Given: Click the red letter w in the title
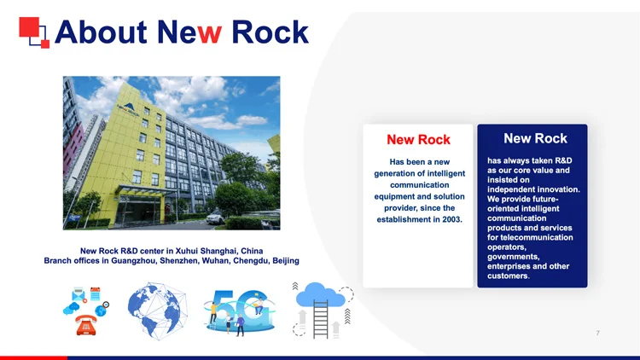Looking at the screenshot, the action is [x=209, y=32].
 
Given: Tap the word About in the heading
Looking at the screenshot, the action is [x=101, y=32].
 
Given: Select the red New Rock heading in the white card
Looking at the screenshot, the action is [x=418, y=140].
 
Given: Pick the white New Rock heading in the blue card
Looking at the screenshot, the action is [x=535, y=138].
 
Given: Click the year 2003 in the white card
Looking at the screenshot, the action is [x=451, y=219].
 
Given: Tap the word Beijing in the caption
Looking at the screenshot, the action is [x=286, y=261].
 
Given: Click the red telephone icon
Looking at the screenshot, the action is [x=86, y=325].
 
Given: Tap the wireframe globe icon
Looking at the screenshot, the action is [x=158, y=311].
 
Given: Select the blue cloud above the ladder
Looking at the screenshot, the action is [x=321, y=294].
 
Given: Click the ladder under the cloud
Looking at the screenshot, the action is [x=321, y=320].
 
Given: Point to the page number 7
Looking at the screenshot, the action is [x=597, y=333].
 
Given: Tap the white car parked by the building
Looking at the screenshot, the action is [x=216, y=218].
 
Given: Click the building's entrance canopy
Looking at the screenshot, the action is [x=140, y=190].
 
